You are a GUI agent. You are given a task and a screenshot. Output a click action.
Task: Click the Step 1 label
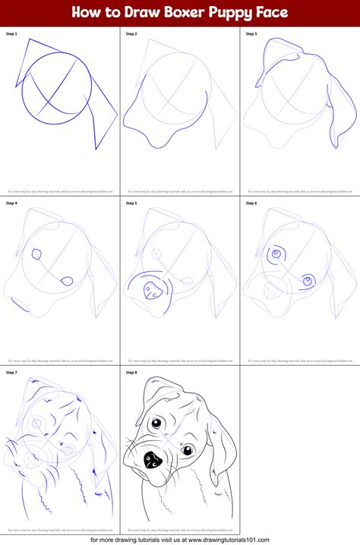(x=11, y=34)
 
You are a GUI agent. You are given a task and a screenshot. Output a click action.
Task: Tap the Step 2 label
(x=131, y=34)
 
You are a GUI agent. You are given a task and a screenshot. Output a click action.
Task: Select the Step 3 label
(x=251, y=34)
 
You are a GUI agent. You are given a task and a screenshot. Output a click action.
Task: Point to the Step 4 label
(x=11, y=203)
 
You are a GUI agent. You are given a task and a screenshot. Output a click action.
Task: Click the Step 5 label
(x=131, y=203)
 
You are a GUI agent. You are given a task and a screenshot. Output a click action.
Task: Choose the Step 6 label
(x=251, y=203)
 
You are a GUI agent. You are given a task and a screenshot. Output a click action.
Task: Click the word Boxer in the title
(x=186, y=12)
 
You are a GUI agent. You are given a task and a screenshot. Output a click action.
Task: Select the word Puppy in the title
(x=236, y=12)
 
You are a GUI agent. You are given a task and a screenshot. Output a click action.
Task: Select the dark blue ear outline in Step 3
(x=333, y=114)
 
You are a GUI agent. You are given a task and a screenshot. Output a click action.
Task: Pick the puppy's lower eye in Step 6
(x=308, y=282)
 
